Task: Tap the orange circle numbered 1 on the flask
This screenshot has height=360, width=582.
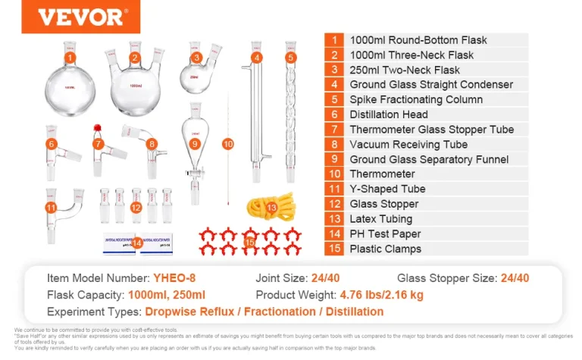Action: point(70,58)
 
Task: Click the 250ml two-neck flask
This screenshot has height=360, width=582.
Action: point(196,77)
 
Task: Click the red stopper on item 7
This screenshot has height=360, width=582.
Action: point(97,127)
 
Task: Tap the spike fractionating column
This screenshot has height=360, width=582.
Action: point(290,106)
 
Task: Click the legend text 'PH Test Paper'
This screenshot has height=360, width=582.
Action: point(385,234)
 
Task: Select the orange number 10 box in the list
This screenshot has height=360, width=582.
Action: point(333,174)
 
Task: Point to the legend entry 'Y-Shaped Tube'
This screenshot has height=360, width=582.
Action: point(387,189)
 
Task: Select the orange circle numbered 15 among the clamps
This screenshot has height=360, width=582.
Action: point(250,242)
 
